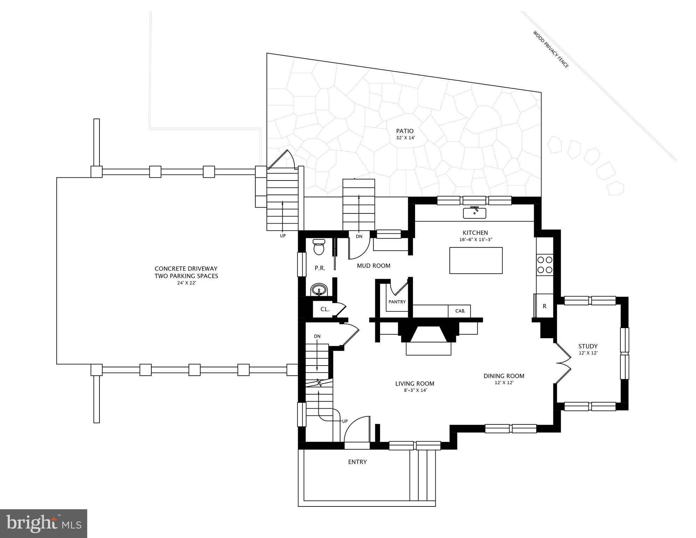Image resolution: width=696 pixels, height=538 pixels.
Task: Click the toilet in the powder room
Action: pyautogui.click(x=319, y=247)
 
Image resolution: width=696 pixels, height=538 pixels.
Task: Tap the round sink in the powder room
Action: pyautogui.click(x=319, y=290)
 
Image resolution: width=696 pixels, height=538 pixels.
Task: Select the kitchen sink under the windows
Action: pyautogui.click(x=475, y=213)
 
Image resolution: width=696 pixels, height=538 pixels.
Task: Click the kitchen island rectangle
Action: pyautogui.click(x=476, y=260)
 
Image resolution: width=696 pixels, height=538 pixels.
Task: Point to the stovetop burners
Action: pyautogui.click(x=545, y=265)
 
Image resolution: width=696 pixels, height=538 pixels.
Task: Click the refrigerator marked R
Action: pyautogui.click(x=544, y=306)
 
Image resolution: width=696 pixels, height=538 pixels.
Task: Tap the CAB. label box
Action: pyautogui.click(x=460, y=311)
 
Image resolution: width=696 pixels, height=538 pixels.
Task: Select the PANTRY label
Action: pyautogui.click(x=397, y=302)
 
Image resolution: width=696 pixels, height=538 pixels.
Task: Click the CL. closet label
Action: pyautogui.click(x=325, y=309)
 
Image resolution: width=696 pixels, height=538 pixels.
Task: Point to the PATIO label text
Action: pyautogui.click(x=405, y=131)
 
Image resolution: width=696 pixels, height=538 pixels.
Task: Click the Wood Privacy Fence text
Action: pyautogui.click(x=551, y=49)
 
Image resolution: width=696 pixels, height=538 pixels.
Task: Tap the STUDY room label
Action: pyautogui.click(x=588, y=346)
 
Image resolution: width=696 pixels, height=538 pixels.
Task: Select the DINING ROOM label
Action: pyautogui.click(x=504, y=376)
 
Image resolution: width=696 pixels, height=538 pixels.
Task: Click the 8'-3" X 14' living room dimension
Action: pyautogui.click(x=415, y=390)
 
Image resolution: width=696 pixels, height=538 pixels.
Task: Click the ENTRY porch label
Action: pyautogui.click(x=357, y=462)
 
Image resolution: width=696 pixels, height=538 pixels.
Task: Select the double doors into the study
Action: pyautogui.click(x=563, y=363)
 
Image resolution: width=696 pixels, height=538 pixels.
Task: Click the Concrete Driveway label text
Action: pyautogui.click(x=186, y=272)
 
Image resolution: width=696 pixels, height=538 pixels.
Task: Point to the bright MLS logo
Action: pyautogui.click(x=43, y=523)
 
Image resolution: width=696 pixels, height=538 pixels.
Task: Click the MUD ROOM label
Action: pyautogui.click(x=373, y=266)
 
